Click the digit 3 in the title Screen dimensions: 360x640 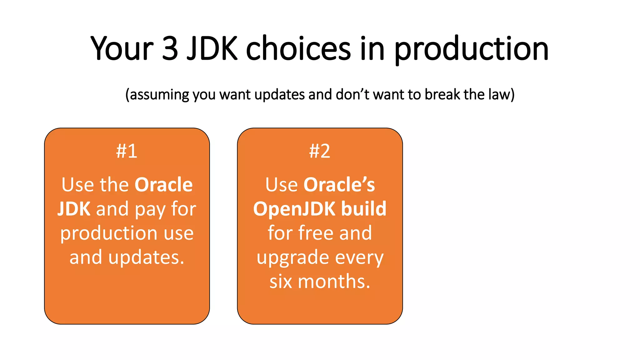pos(170,48)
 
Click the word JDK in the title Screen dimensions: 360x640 pos(212,48)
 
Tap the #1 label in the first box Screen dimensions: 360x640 pos(127,151)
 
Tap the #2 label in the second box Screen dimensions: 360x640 pos(319,151)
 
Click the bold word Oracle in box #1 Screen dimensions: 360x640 pos(163,185)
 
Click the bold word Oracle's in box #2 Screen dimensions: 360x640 pos(339,185)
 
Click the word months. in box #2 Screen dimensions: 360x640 pos(334,281)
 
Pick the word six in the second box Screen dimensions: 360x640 pos(281,281)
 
